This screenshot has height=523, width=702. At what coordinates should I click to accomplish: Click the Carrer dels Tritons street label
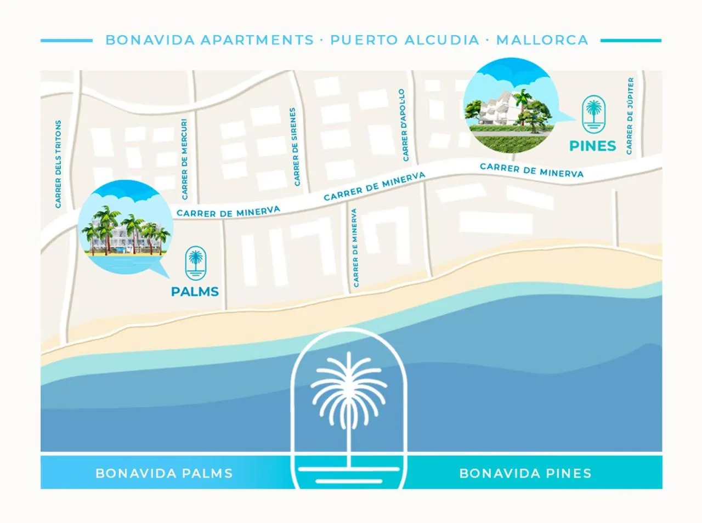(58, 164)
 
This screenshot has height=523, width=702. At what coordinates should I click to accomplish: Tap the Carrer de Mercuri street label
(185, 159)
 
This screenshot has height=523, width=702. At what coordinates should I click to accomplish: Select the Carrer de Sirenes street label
(295, 146)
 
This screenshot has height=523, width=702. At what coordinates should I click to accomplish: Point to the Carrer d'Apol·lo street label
(404, 125)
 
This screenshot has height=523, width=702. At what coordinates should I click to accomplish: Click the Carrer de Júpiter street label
(630, 116)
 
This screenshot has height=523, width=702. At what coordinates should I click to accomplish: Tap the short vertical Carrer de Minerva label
(355, 248)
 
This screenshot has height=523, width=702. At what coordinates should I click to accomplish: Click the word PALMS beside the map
(195, 292)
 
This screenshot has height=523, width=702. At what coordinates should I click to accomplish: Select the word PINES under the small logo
(592, 146)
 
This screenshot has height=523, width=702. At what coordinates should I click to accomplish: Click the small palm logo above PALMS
(195, 263)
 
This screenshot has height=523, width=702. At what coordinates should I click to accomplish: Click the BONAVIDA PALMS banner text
(164, 473)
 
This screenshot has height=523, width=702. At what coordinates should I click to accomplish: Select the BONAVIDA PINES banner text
(525, 473)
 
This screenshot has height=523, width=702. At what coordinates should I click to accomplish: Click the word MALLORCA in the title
(542, 40)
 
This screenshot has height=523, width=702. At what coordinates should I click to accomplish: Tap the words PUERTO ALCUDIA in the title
(405, 40)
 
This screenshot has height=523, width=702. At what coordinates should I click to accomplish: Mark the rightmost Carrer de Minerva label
(531, 170)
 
